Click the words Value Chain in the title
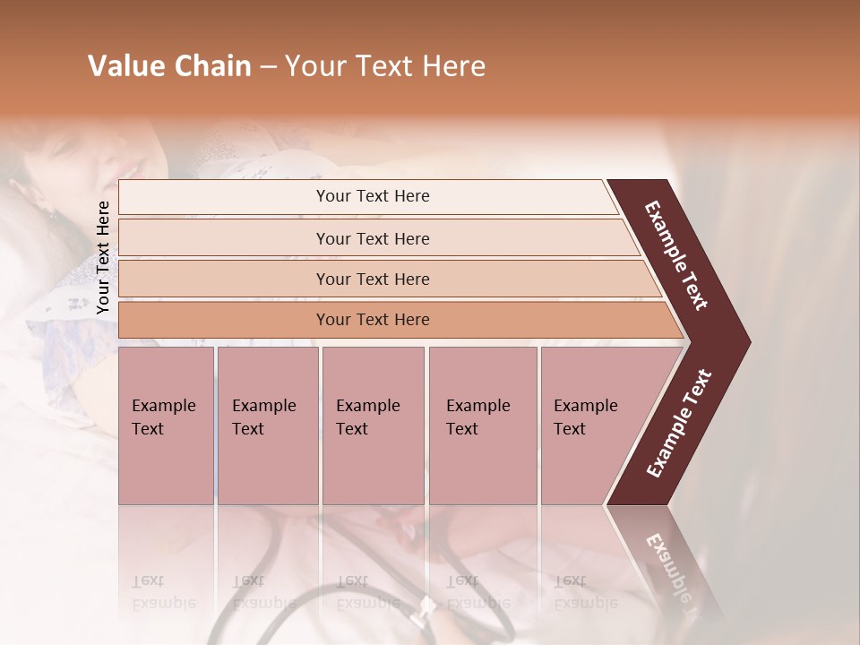point(169,66)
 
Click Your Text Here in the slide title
point(385,66)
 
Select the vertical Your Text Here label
point(103,258)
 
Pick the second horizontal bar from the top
point(372,238)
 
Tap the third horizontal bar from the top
point(372,279)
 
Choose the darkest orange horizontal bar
point(372,320)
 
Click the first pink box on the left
point(166,426)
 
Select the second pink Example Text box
point(267,426)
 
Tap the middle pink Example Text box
point(373,426)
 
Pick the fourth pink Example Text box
point(482,426)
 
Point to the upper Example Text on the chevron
point(677,255)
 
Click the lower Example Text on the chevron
point(679,424)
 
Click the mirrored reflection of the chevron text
point(667,569)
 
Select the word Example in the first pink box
point(163,406)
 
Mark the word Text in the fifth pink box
point(569,429)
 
